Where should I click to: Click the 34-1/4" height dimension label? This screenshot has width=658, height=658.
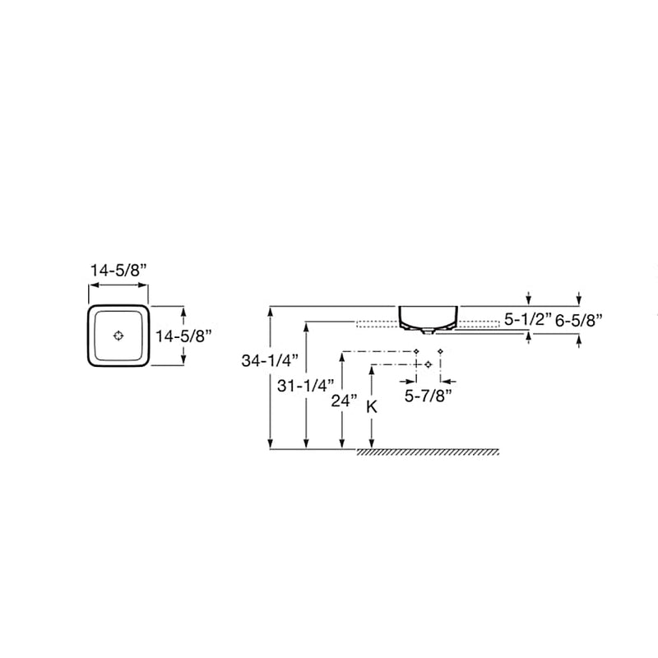270,361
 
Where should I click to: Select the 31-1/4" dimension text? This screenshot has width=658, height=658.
305,386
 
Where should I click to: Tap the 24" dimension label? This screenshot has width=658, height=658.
344,401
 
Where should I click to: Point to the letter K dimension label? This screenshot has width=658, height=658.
372,406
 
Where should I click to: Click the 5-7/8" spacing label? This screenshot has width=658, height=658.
428,396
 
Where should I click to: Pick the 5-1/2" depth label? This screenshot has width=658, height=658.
528,320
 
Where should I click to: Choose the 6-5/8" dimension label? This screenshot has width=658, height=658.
579,321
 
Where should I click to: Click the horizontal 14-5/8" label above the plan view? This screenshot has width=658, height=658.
118,271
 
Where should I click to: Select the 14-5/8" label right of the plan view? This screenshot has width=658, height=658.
183,336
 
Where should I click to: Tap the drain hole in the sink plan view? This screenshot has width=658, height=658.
118,336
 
